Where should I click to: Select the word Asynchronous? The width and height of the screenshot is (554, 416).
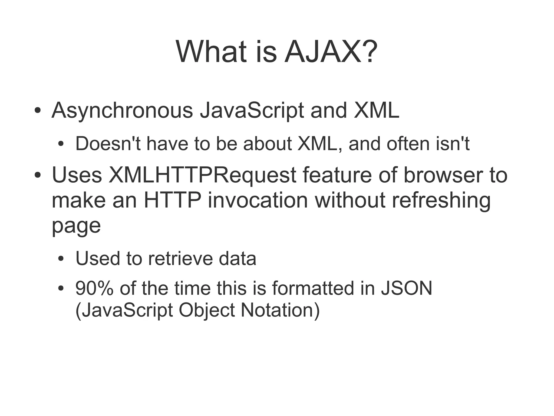pos(122,111)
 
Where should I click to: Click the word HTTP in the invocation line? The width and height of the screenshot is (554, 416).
pos(172,201)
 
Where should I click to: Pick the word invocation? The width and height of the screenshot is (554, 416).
pos(258,201)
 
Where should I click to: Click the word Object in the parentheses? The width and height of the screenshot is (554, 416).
pos(207,310)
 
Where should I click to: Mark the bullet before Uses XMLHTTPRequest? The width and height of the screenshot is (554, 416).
pos(38,175)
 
